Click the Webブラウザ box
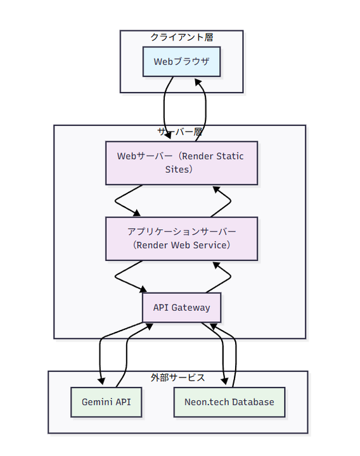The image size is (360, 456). (181, 62)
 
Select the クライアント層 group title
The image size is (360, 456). (181, 37)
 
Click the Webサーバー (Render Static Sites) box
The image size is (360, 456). (181, 163)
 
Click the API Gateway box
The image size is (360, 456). (181, 308)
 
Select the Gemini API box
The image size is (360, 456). (106, 402)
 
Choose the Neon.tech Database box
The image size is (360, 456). (229, 402)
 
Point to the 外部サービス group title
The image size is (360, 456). (177, 377)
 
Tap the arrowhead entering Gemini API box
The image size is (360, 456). (101, 381)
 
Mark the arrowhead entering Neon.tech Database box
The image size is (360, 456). (224, 381)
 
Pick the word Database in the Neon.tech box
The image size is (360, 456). (252, 402)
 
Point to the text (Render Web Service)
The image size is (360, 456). (181, 245)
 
